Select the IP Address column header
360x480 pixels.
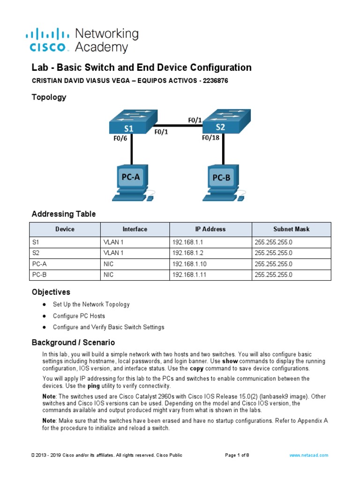point(210,229)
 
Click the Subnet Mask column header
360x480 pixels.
point(291,229)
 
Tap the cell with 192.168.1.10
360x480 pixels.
point(190,264)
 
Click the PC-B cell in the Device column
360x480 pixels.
point(42,275)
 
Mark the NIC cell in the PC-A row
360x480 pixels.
point(109,264)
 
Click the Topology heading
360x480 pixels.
point(49,97)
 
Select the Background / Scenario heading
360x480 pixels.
point(73,343)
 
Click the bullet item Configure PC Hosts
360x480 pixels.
point(79,316)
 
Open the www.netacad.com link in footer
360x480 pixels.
point(308,455)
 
